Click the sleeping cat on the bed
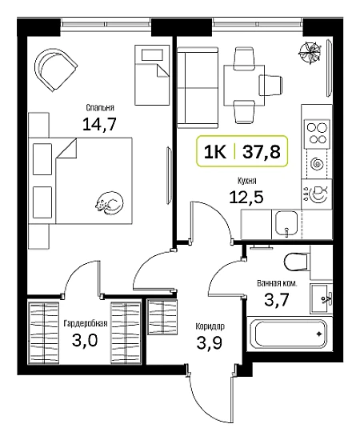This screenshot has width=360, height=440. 109,203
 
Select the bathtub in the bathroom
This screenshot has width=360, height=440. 290,334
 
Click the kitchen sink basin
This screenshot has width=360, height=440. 286,223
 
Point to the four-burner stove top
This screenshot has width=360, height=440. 317,134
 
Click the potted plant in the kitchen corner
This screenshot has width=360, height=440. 310,52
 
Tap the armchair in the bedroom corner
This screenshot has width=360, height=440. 55,70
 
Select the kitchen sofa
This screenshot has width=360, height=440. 198,87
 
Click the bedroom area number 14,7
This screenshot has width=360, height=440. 99,124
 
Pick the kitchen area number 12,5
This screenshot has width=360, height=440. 246,197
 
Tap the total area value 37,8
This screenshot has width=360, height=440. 262,152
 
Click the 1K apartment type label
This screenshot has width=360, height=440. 215,152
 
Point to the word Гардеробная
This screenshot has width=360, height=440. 86,323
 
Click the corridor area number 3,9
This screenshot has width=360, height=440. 210,342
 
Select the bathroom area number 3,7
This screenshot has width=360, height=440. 276,300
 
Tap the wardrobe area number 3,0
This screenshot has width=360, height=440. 85,340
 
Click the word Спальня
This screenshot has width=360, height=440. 100,108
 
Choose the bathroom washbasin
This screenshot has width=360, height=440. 322,298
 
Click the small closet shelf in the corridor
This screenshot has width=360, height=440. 162,317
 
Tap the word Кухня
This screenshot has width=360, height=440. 247,181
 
